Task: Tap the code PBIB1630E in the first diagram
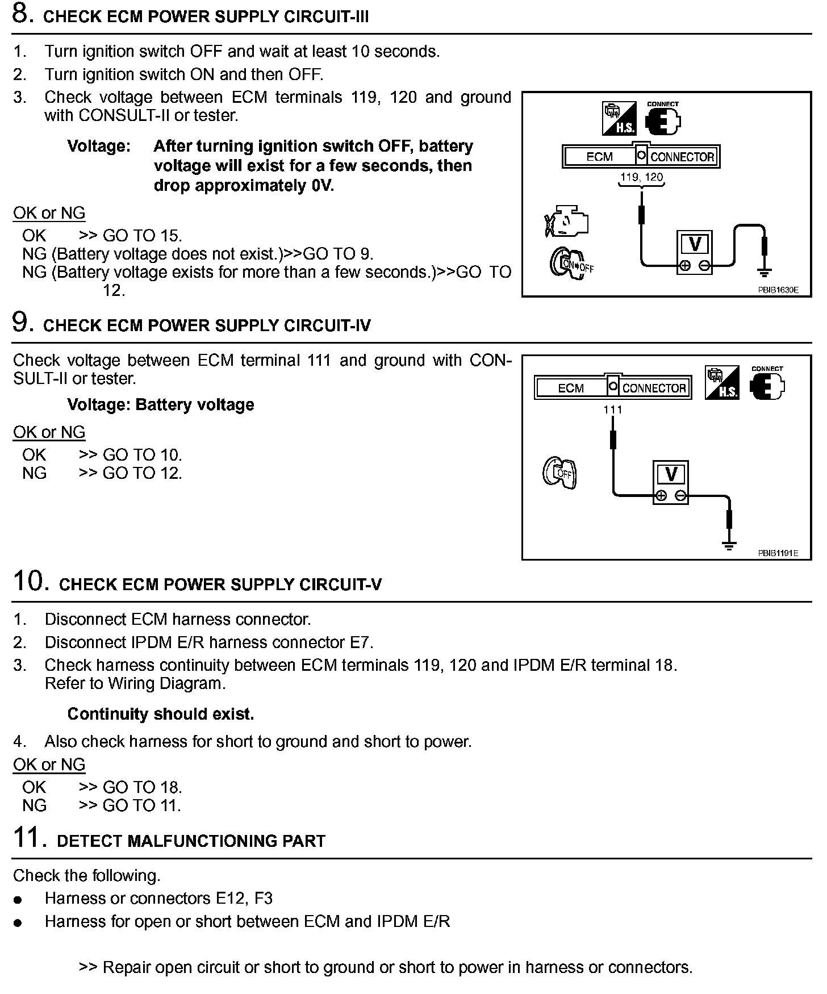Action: [778, 290]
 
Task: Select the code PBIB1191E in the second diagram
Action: [778, 553]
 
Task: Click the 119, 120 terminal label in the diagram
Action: [641, 177]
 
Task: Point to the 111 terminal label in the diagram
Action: [613, 410]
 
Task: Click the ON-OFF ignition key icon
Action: [569, 263]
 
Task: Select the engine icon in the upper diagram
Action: [566, 222]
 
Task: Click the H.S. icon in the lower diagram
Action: [722, 382]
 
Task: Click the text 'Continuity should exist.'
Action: [161, 714]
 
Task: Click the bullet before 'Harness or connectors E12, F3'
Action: [19, 900]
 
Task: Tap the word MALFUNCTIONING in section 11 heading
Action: [203, 841]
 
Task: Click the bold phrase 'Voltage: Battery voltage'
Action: [161, 405]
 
